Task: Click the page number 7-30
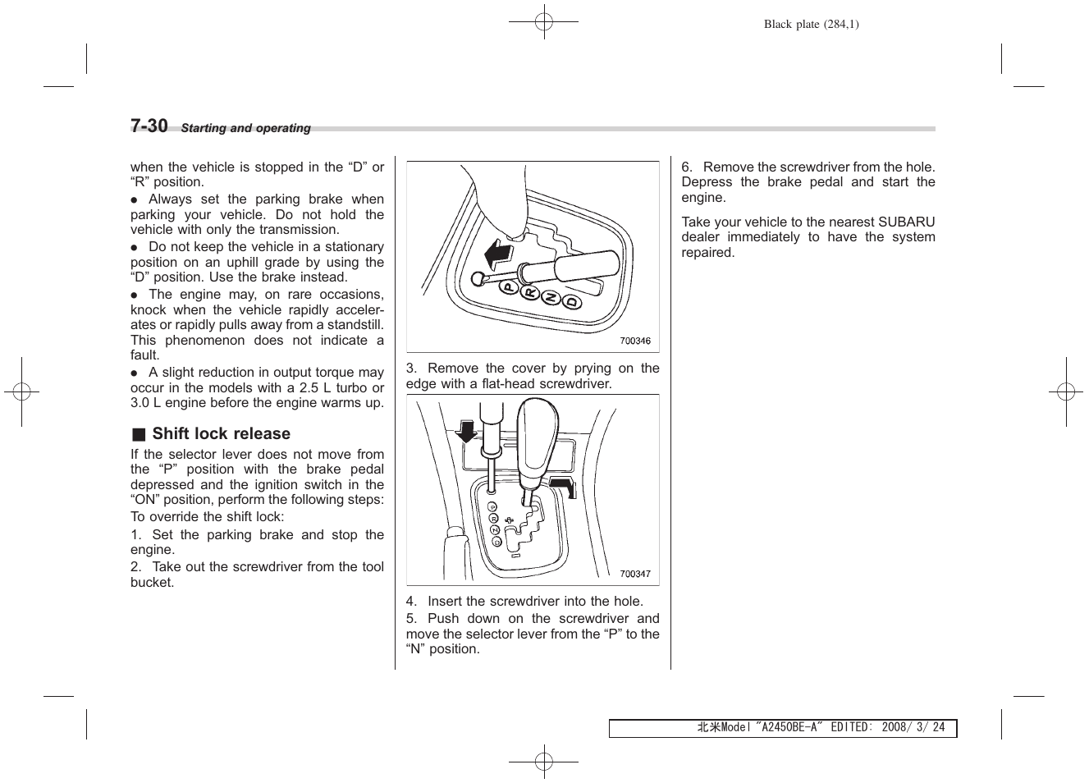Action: [x=149, y=126]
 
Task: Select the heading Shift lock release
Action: [x=221, y=433]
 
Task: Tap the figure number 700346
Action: [x=634, y=341]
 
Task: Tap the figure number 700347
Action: [x=634, y=574]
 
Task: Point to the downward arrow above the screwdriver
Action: [x=465, y=430]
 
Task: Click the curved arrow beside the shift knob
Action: [x=565, y=485]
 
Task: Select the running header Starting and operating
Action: [x=245, y=128]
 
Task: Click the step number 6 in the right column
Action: [x=686, y=167]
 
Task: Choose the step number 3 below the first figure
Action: [x=410, y=369]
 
